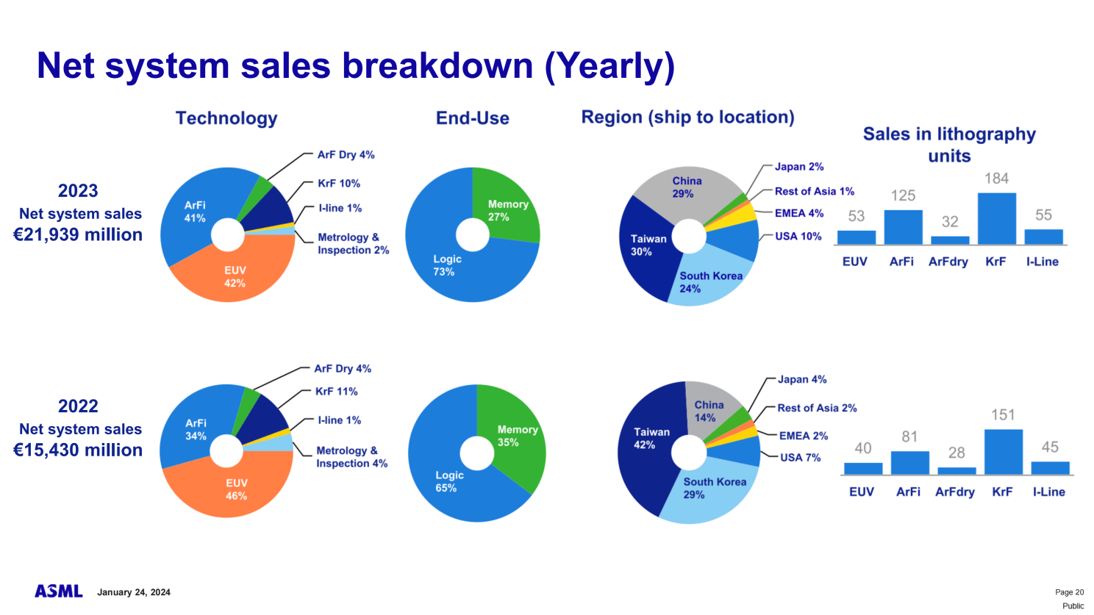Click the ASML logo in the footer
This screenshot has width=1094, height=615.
click(59, 591)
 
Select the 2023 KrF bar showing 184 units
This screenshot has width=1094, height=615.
click(996, 218)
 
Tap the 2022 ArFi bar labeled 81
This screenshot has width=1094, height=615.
click(909, 462)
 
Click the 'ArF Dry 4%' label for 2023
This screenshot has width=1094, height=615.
click(346, 155)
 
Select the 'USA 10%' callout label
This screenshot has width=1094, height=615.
click(798, 237)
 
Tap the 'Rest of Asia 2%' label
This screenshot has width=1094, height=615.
click(817, 408)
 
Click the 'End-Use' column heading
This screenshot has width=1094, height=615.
click(472, 118)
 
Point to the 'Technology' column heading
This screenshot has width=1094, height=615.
click(226, 118)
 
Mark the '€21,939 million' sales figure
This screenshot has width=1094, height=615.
click(78, 235)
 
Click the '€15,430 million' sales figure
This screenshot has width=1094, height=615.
click(78, 450)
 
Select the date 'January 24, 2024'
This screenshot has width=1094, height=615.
click(134, 592)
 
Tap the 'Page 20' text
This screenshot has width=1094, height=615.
click(1069, 592)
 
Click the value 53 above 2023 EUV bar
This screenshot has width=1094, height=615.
click(856, 216)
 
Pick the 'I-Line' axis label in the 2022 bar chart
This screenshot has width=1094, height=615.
click(1048, 492)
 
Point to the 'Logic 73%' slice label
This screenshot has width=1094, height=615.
click(446, 265)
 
